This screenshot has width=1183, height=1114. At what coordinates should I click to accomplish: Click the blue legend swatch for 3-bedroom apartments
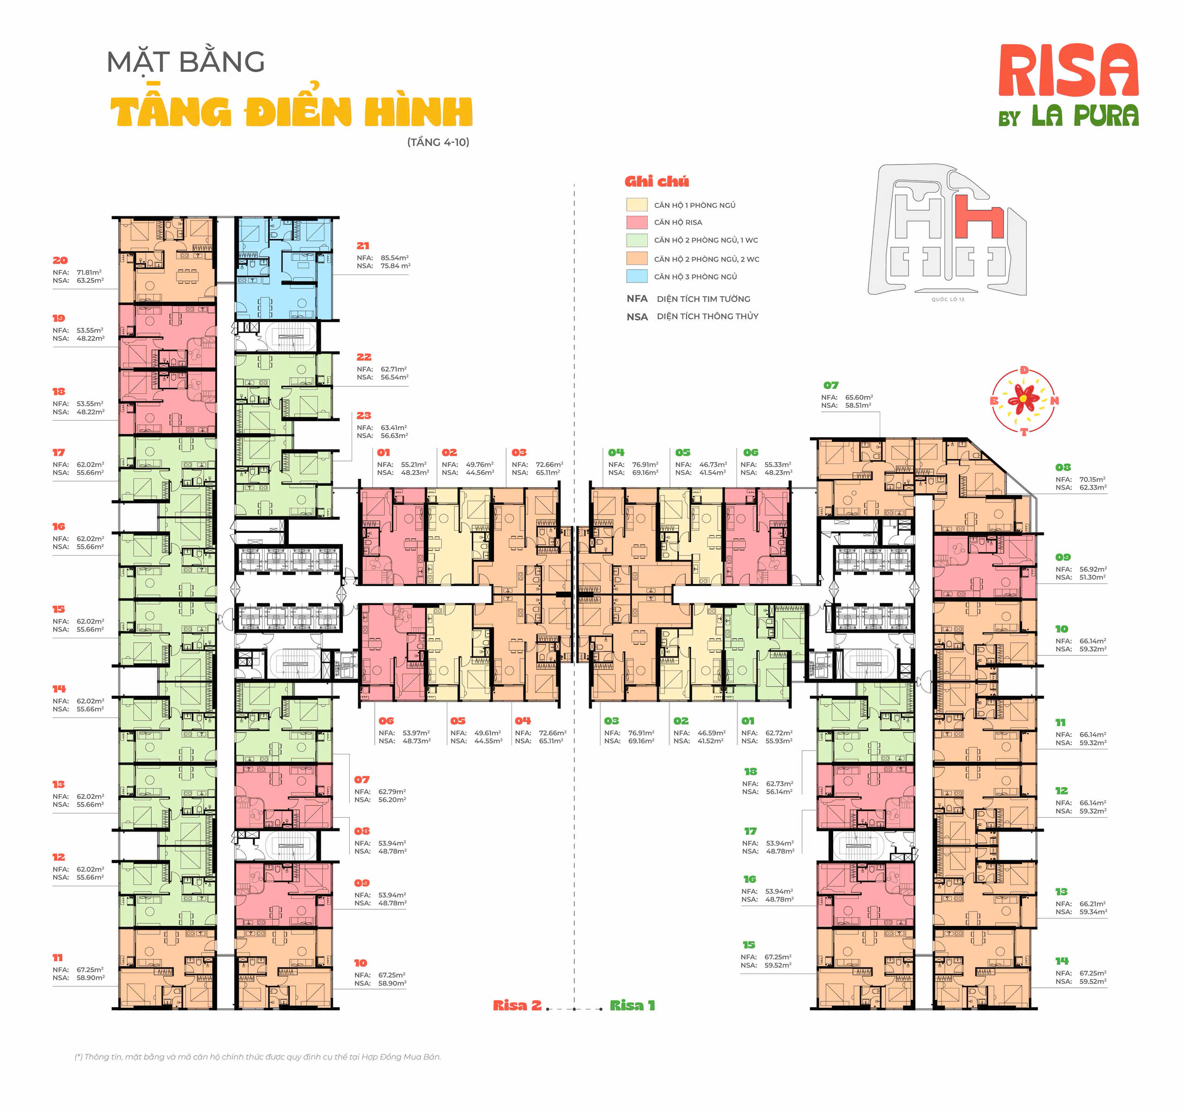(636, 276)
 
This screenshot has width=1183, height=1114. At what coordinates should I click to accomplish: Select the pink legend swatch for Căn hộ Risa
(636, 222)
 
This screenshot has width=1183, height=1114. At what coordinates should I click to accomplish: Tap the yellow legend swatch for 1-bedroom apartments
(636, 204)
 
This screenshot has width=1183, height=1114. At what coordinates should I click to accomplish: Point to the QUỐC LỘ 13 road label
(947, 300)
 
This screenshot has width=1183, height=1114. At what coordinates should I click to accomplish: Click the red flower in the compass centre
(1023, 399)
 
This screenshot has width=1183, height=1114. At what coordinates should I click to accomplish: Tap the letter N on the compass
(1054, 400)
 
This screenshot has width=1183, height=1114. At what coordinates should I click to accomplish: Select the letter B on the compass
(993, 400)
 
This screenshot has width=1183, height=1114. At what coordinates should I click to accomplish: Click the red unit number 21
(363, 246)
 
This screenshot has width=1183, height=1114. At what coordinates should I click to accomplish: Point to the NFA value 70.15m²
(1092, 479)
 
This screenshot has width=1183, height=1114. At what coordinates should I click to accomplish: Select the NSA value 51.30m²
(1092, 577)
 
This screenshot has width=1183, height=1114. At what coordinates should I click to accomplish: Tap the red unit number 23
(364, 416)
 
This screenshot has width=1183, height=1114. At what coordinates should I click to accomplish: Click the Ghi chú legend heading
(656, 182)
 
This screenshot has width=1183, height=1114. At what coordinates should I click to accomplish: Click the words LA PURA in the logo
(1085, 116)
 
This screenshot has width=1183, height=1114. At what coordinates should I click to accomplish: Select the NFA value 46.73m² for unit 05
(712, 464)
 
